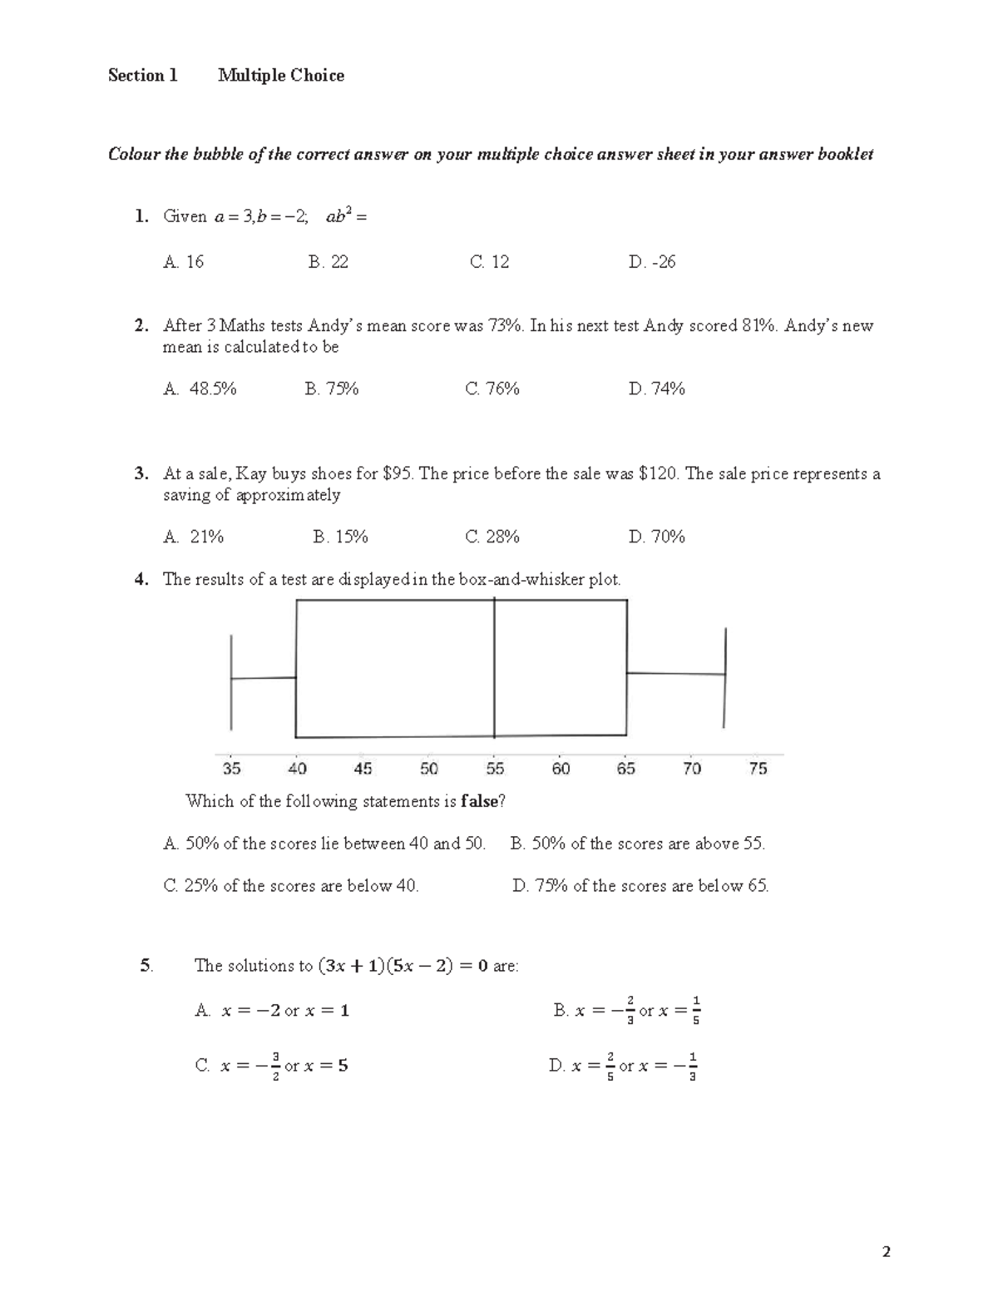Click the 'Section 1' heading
pos(142,76)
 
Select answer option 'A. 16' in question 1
pos(183,262)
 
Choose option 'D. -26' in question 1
pos(652,262)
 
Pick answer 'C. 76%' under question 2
pos(492,389)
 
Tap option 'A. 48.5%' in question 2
pos(200,389)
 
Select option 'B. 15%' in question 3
pos(340,537)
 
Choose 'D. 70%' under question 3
pos(656,537)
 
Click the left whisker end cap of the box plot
pos(231,681)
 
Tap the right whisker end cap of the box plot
pos(725,676)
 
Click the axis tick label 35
pos(231,769)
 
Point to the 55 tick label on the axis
pos(495,769)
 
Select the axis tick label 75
pos(758,769)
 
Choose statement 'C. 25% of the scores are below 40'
pos(291,886)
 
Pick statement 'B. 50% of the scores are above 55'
pos(637,844)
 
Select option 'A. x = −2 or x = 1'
pos(272,1011)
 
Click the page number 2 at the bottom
pos(887,1252)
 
